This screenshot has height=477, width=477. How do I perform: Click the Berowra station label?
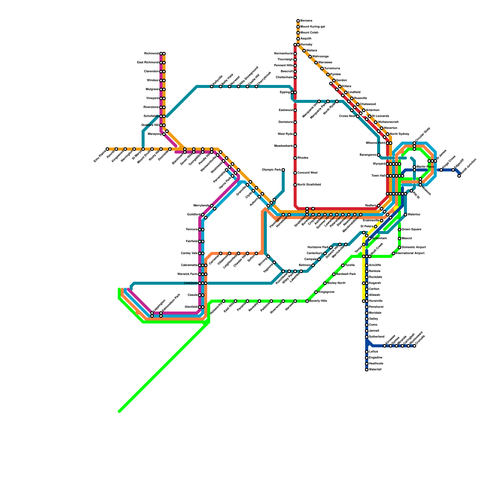point(306,21)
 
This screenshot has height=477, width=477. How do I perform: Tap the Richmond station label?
point(151,54)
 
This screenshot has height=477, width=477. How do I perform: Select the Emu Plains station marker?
point(107,149)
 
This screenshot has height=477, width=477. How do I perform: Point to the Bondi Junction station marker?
point(459,176)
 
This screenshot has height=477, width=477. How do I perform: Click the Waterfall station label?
point(375,370)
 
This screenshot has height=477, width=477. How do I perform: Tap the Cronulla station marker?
point(414,346)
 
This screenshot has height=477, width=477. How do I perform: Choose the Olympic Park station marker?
point(283,170)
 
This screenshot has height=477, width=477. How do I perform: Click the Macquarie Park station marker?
point(328,101)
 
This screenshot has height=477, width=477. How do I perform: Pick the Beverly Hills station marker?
point(307,301)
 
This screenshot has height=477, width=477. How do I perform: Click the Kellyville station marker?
point(212,86)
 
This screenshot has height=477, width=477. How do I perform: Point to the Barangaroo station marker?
point(379,155)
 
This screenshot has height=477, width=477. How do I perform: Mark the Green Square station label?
point(411,230)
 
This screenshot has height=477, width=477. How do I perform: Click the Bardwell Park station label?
point(346,274)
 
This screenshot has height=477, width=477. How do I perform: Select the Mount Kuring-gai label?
point(312,27)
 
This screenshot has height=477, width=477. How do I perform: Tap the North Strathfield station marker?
point(295,185)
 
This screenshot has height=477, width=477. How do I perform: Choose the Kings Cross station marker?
point(441,170)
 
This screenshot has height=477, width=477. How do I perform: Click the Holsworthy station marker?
point(224,301)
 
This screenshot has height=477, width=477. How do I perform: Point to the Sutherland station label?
point(377,337)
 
